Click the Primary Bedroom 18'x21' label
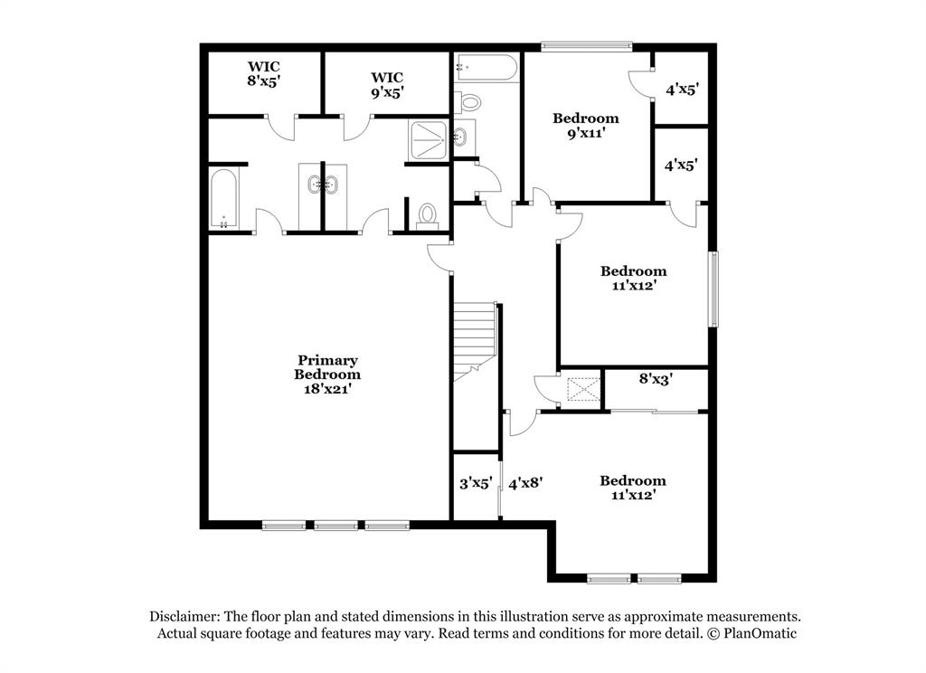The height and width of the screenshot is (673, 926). click(x=326, y=374)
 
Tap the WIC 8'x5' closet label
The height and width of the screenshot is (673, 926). click(x=264, y=73)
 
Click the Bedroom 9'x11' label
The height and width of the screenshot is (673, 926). click(x=586, y=125)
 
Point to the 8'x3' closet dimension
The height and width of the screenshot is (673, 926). click(x=656, y=379)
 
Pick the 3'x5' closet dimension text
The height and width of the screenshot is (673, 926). click(x=475, y=484)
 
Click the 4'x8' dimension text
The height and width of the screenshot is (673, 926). click(x=524, y=484)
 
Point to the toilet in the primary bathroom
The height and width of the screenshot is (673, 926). click(x=427, y=214)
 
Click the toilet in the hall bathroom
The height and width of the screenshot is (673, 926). click(x=468, y=101)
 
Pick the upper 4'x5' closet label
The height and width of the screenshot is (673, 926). click(x=682, y=90)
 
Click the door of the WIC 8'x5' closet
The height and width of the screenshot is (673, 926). click(x=281, y=127)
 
